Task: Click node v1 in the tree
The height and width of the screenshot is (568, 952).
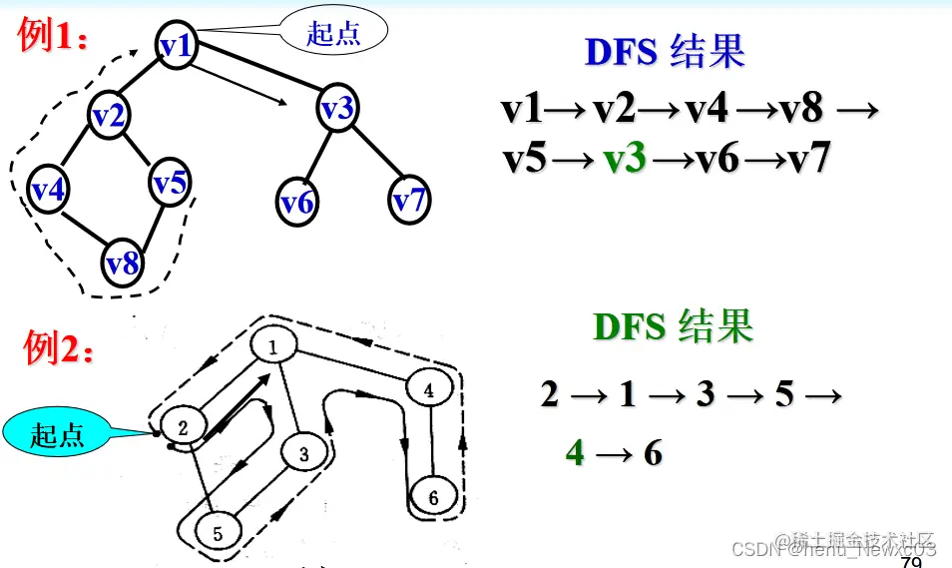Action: [x=176, y=45]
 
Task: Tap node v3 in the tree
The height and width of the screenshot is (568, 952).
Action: [x=337, y=109]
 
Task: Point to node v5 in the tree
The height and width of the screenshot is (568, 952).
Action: [x=170, y=184]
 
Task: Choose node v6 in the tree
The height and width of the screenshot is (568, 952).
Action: [x=296, y=203]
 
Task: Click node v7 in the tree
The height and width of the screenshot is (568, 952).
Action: [x=408, y=201]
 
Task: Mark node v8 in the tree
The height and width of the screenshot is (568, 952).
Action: [x=123, y=264]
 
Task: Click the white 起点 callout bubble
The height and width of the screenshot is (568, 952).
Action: [x=333, y=33]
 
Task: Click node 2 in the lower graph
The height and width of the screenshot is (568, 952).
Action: [x=184, y=426]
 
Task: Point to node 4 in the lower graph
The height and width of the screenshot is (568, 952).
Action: [x=428, y=390]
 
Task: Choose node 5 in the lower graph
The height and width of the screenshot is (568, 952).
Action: [x=218, y=532]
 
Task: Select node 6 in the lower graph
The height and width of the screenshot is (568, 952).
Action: [x=432, y=496]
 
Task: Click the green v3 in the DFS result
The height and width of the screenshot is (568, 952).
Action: [x=626, y=159]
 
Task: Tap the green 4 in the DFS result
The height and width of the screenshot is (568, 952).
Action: [x=575, y=453]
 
